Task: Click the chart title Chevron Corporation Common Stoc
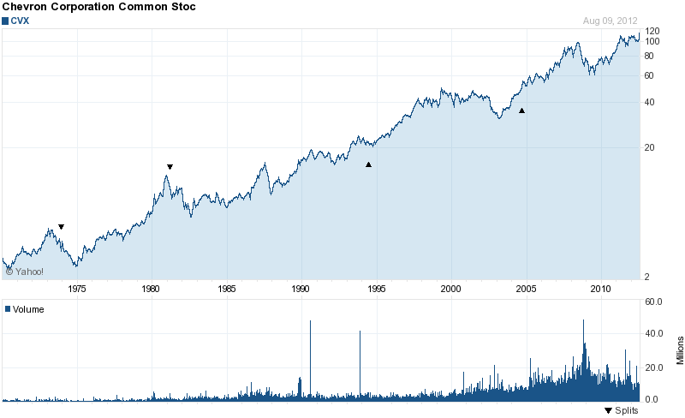(x=98, y=7)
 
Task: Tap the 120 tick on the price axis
(x=652, y=31)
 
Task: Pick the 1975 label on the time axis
(x=77, y=289)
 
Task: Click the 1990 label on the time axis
(x=301, y=289)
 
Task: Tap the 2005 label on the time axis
(x=526, y=289)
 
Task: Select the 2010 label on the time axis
(x=600, y=289)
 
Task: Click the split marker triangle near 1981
(x=170, y=166)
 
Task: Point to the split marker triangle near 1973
(x=61, y=227)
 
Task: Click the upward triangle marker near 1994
(x=368, y=164)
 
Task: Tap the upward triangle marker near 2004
(x=521, y=110)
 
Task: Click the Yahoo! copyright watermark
(x=25, y=272)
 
